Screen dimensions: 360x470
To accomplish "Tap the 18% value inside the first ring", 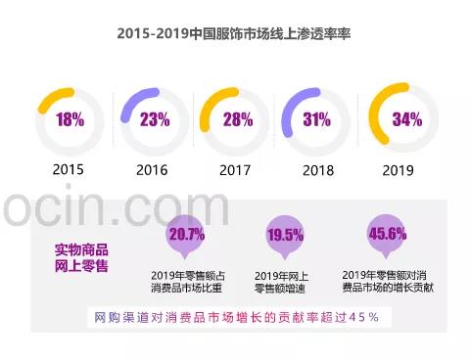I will pyautogui.click(x=69, y=120).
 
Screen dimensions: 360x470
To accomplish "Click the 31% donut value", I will pyautogui.click(x=316, y=120).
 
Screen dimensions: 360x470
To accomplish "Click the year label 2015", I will pyautogui.click(x=69, y=170).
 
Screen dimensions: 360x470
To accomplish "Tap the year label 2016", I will pyautogui.click(x=152, y=170).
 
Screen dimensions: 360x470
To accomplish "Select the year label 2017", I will pyautogui.click(x=235, y=170).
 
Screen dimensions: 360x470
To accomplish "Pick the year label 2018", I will pyautogui.click(x=317, y=170).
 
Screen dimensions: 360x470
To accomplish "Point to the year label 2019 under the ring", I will pyautogui.click(x=402, y=170).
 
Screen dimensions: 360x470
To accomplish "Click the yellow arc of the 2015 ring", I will pyautogui.click(x=52, y=97).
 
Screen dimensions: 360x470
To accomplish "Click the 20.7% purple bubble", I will pyautogui.click(x=186, y=236).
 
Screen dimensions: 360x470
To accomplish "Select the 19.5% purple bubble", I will pyautogui.click(x=285, y=236).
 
